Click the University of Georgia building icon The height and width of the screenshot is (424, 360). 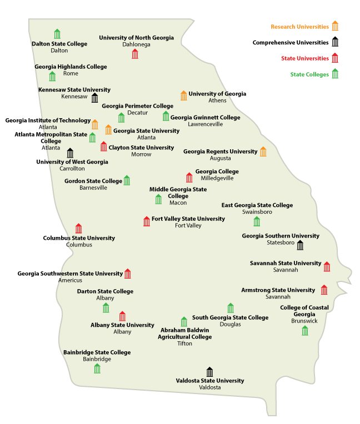[183, 95]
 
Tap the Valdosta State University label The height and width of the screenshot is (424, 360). [210, 381]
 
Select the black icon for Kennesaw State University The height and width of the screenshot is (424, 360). [94, 98]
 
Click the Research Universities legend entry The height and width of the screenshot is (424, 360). [299, 26]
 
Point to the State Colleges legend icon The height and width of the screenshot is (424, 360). [335, 74]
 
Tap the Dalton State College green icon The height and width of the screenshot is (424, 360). [57, 33]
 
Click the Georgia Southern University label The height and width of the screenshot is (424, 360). [281, 236]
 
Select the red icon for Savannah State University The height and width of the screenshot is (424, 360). [327, 266]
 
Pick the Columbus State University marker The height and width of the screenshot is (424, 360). [78, 228]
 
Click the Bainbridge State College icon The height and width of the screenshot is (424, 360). [97, 368]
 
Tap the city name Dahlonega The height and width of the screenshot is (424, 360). [136, 44]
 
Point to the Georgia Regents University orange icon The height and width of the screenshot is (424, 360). [263, 152]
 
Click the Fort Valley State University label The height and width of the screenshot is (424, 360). [188, 219]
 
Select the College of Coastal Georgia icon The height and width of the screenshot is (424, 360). [304, 331]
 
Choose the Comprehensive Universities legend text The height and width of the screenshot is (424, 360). [290, 42]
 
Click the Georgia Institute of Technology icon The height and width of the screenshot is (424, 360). [94, 124]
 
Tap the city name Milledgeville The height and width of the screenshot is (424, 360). [217, 178]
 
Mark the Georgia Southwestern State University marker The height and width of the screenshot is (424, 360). [127, 273]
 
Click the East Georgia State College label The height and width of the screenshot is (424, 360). [257, 205]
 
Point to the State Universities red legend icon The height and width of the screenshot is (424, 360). [335, 58]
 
